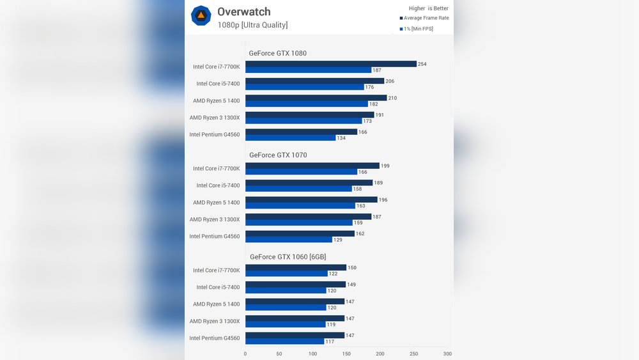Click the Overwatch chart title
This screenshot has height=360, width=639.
tap(243, 12)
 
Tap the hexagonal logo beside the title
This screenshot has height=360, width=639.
tap(201, 15)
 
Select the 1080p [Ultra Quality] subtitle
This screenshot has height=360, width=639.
tap(252, 25)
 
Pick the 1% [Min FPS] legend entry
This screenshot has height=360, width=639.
tap(418, 29)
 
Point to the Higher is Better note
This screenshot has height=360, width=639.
tap(428, 8)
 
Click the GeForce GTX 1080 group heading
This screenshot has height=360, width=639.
tap(277, 53)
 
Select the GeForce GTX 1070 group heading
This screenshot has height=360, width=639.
tap(277, 155)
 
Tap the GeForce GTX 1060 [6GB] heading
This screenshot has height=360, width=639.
tap(288, 256)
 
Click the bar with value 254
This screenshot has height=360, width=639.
tap(330, 64)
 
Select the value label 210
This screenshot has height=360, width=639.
tap(392, 98)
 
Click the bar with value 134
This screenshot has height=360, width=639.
tap(290, 138)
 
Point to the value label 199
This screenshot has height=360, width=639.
tap(385, 166)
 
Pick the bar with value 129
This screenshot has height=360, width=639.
tap(288, 240)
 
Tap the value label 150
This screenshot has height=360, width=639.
tap(352, 267)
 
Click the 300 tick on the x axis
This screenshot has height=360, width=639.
tap(447, 354)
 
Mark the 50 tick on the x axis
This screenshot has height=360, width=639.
tap(279, 354)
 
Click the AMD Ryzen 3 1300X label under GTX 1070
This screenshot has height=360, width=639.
tap(215, 219)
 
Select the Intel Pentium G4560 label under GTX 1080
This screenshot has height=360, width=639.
tap(215, 134)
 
